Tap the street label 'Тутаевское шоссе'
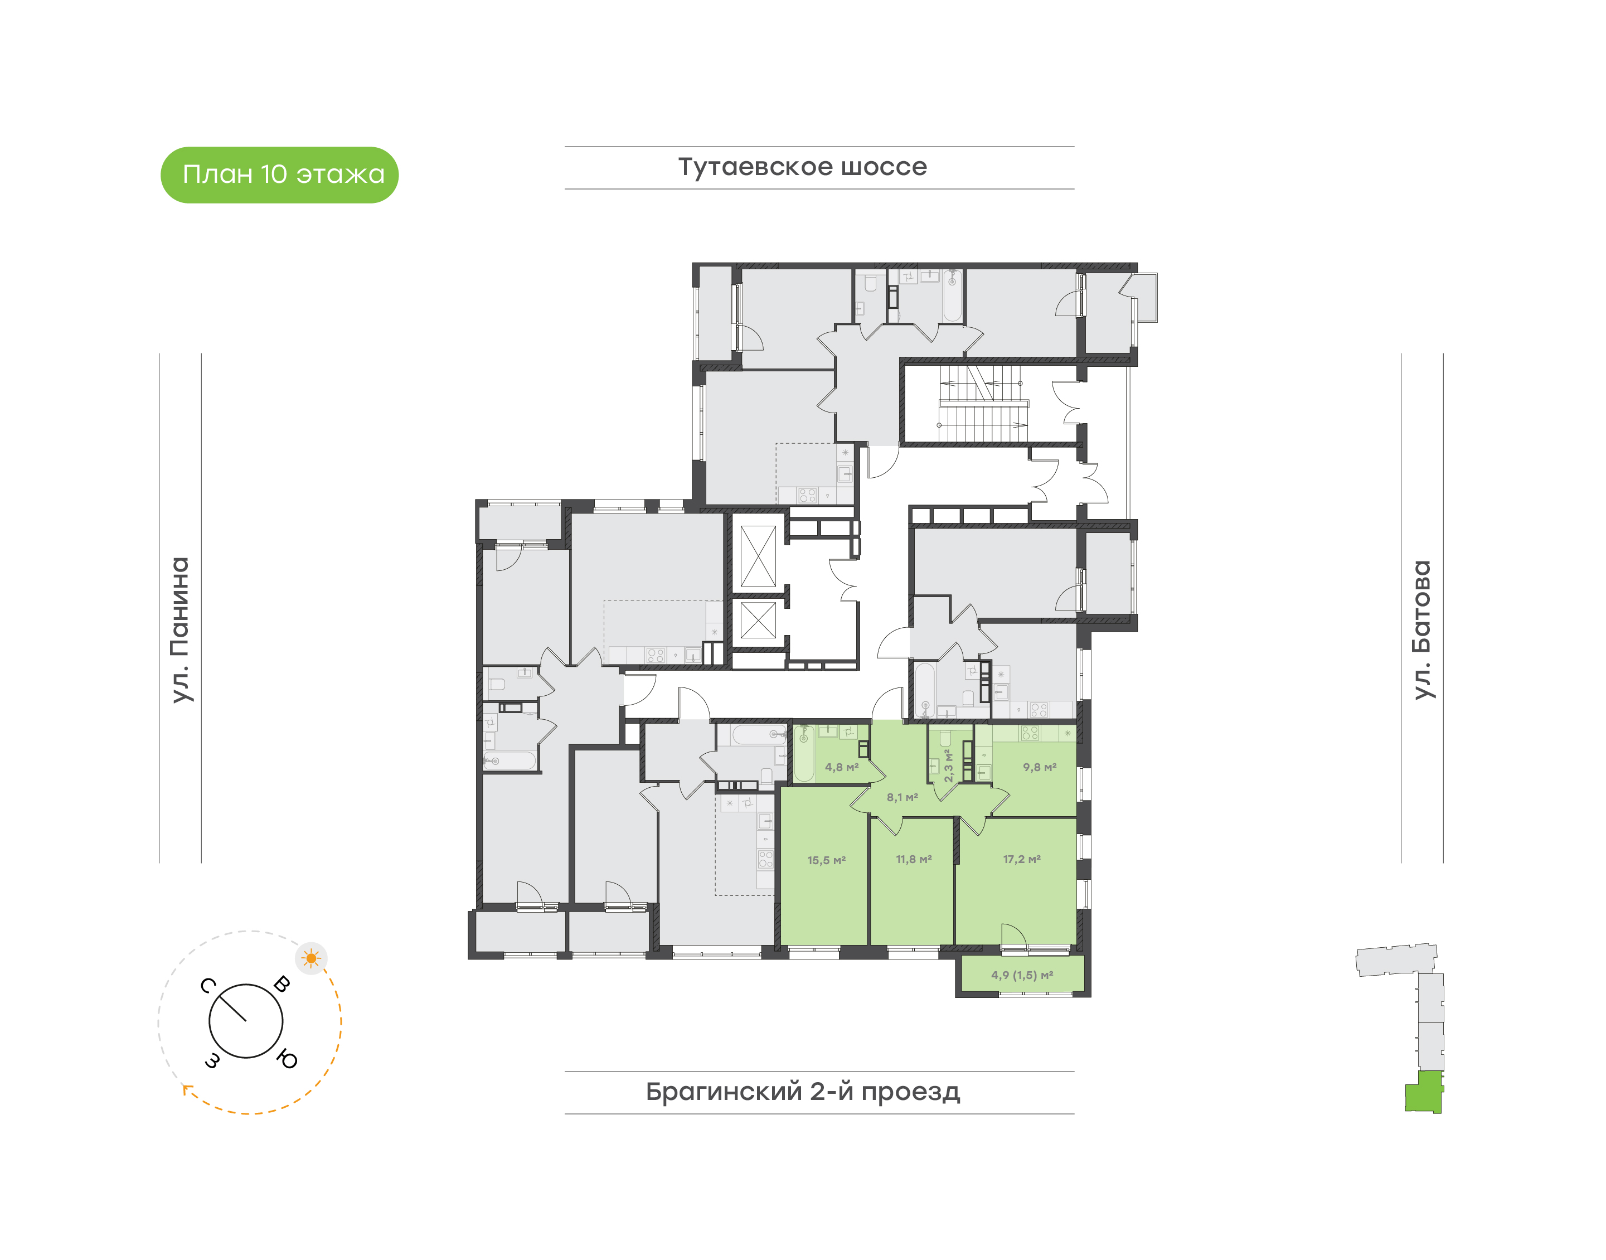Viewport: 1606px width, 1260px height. pos(802,167)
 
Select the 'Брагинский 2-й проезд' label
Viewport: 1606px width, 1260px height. pos(803,1091)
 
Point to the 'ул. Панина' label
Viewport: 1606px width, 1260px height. pos(180,630)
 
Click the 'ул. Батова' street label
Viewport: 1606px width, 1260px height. pos(1421,630)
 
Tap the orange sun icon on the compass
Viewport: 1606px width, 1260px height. pos(311,958)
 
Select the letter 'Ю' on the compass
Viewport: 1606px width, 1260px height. pos(287,1060)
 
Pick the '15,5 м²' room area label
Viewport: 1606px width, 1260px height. pos(826,860)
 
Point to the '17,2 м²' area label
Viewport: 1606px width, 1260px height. pos(1022,860)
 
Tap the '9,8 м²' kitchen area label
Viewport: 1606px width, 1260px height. pos(1040,767)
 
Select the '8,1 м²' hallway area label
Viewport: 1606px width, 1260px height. pos(902,797)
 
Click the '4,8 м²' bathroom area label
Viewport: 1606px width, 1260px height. pos(841,767)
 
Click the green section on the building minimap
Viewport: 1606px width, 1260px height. pos(1423,1092)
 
